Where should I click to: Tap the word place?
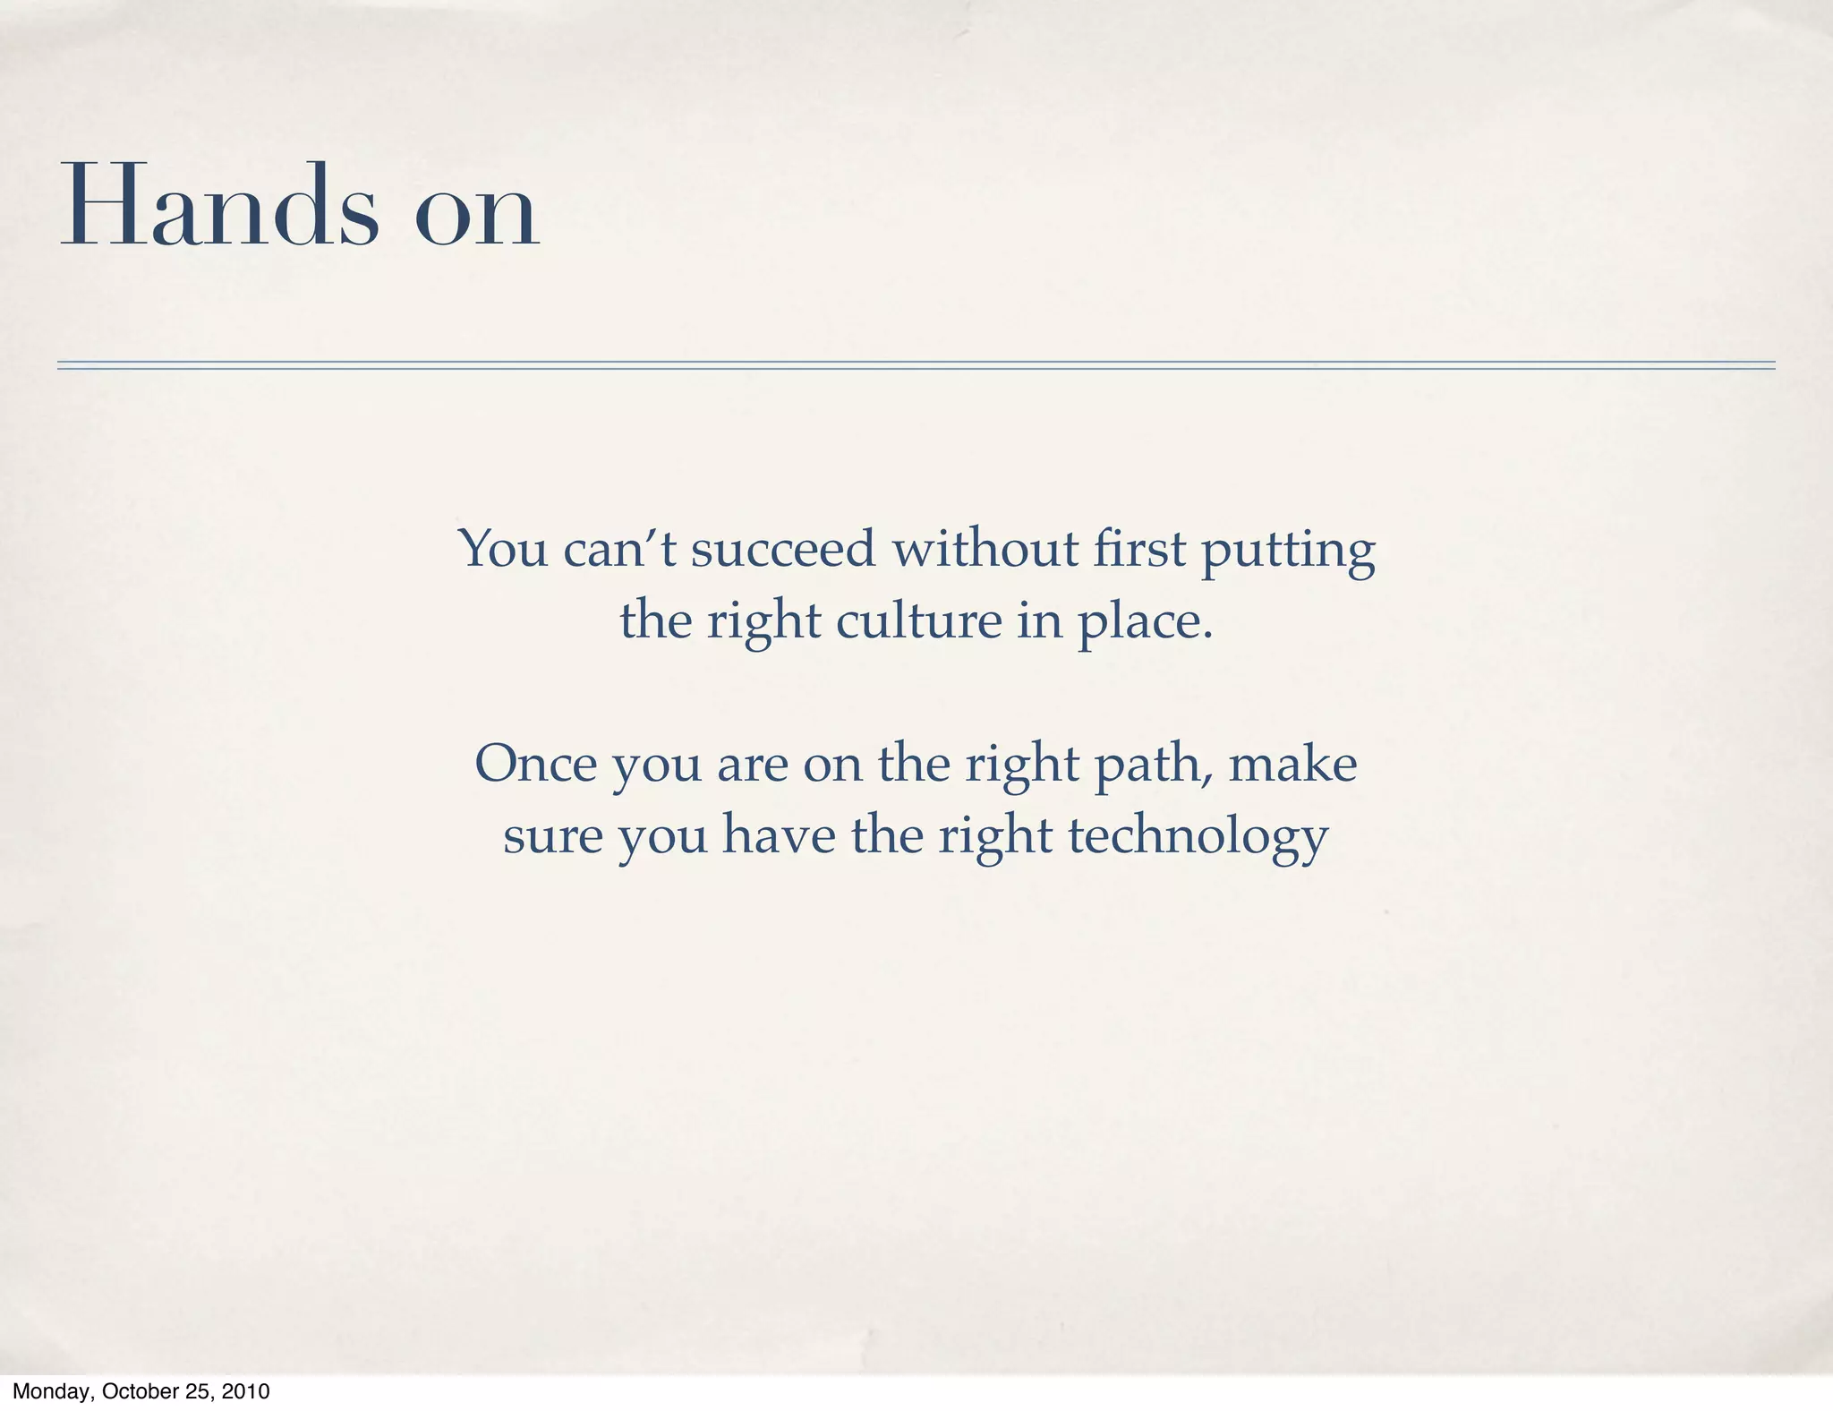click(x=1145, y=623)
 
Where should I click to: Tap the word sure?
click(x=552, y=837)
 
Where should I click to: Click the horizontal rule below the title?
click(x=916, y=365)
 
